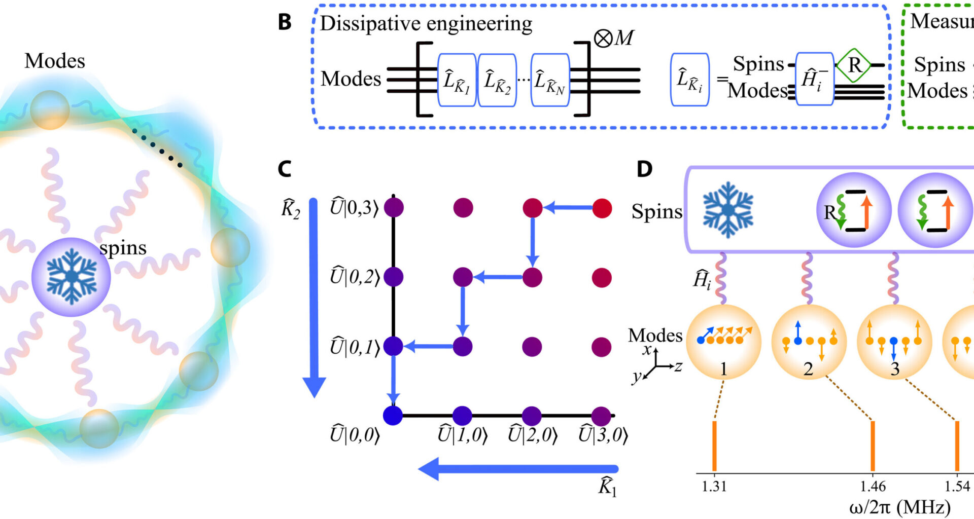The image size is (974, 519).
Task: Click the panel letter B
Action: pos(285,22)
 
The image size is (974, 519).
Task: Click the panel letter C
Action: pos(285,169)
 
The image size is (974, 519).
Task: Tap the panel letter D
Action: pos(644,169)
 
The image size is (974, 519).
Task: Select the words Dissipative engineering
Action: pos(426,24)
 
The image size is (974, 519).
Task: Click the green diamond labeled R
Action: pos(854,65)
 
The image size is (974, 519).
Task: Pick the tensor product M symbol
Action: pos(614,38)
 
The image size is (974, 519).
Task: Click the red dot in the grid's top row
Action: pos(602,208)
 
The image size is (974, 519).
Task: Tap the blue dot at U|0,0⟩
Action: pos(393,416)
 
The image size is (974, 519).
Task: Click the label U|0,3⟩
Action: pos(355,208)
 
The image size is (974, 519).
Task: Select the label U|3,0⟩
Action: pos(603,435)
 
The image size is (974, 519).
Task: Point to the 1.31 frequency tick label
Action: pos(714,487)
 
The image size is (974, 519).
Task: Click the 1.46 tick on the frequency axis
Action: pos(873,487)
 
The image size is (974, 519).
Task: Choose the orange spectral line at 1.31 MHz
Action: pos(714,446)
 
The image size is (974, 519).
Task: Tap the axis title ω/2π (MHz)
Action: pos(899,507)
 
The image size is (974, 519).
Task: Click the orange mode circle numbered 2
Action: pos(809,342)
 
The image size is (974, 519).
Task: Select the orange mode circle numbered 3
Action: pos(894,342)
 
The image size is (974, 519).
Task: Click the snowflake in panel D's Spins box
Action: pos(728,210)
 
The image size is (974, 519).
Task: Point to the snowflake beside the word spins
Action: pos(72,277)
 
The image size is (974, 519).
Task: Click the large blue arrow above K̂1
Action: pos(517,469)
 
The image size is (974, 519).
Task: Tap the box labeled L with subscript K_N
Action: pos(550,80)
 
